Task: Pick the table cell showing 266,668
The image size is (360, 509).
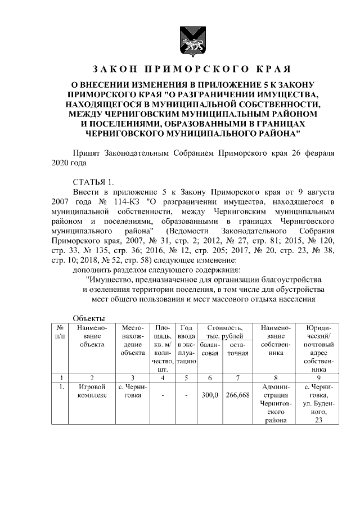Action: (x=237, y=396)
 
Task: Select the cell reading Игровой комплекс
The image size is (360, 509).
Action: (x=92, y=391)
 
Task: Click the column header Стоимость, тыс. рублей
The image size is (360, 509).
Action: (x=224, y=331)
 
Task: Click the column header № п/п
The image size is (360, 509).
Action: (x=59, y=331)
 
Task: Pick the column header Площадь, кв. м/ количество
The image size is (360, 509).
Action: (x=163, y=348)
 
